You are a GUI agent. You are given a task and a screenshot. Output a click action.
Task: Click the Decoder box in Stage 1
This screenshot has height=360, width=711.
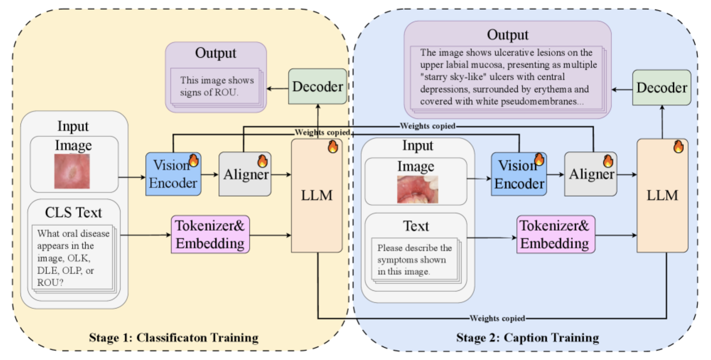[317, 86]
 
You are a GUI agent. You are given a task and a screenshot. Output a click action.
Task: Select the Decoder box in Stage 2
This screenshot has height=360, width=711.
[661, 87]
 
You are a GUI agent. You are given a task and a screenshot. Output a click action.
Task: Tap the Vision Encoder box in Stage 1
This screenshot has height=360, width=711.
[173, 174]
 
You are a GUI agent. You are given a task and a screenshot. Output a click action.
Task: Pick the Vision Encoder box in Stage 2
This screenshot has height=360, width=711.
[519, 174]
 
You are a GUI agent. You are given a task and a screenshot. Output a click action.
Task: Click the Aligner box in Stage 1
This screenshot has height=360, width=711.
[245, 174]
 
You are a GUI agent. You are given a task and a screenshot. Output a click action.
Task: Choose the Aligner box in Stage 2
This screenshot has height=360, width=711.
[591, 174]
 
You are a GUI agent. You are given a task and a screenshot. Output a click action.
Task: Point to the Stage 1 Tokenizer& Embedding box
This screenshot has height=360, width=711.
[210, 235]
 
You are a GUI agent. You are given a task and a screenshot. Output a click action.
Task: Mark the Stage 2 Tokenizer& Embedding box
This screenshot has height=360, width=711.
[556, 235]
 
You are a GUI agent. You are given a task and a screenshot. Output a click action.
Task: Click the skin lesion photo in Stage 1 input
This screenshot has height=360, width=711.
[72, 171]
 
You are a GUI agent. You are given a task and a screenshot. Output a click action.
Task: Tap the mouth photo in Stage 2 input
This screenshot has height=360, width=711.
[417, 189]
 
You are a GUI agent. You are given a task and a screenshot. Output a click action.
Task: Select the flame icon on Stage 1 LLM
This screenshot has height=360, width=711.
[333, 147]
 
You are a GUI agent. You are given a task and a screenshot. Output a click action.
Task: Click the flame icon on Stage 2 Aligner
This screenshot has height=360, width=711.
[608, 161]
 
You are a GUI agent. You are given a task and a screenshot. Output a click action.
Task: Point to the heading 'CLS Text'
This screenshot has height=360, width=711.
[73, 213]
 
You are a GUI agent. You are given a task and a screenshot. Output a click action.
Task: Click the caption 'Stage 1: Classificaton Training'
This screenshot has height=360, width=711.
[173, 338]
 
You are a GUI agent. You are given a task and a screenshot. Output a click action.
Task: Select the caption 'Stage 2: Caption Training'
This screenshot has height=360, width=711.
[527, 338]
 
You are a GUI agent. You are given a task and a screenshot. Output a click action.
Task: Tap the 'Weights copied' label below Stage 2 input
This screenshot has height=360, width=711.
[497, 318]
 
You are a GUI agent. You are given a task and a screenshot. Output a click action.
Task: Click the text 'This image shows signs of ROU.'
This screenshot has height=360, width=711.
[216, 86]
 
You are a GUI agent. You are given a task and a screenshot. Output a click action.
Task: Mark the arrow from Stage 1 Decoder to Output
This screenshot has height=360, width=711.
[277, 89]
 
